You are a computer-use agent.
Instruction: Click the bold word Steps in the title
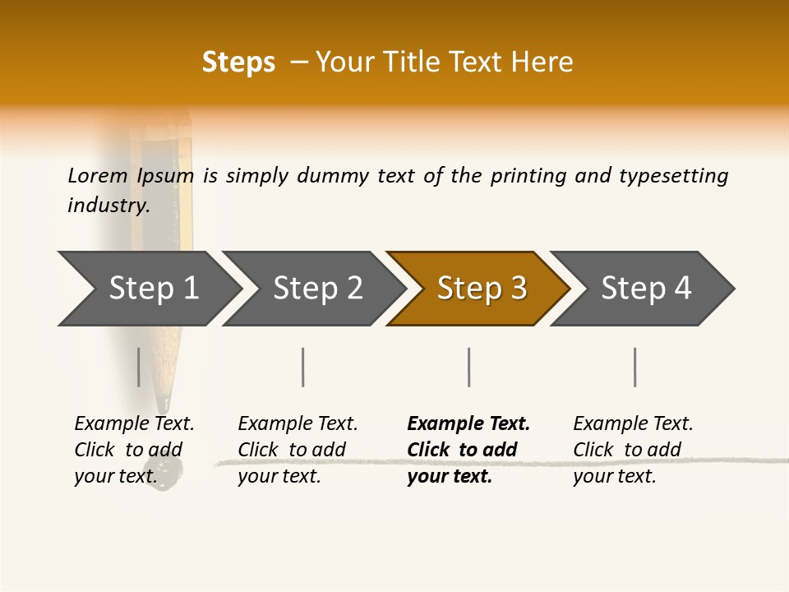tap(238, 62)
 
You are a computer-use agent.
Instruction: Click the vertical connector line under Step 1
tap(139, 367)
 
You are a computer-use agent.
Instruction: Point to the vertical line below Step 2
tap(303, 367)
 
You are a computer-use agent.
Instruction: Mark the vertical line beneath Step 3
tap(468, 367)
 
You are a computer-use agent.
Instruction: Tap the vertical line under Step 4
tap(634, 367)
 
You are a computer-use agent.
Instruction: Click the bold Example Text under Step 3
tap(468, 424)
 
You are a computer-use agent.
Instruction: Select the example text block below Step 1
tap(133, 450)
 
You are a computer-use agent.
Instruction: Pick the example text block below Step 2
tap(297, 450)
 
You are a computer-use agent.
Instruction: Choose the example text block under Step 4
tap(632, 450)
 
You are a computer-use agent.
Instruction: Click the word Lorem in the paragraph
tap(98, 175)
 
